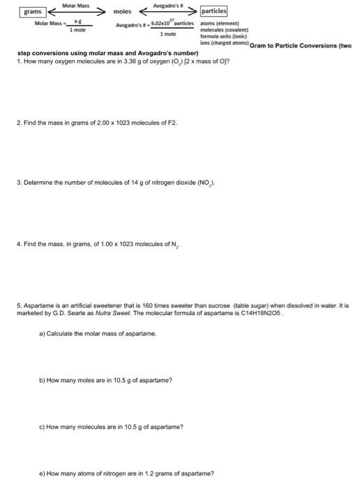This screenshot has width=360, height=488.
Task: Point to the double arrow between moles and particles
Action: (x=167, y=12)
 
